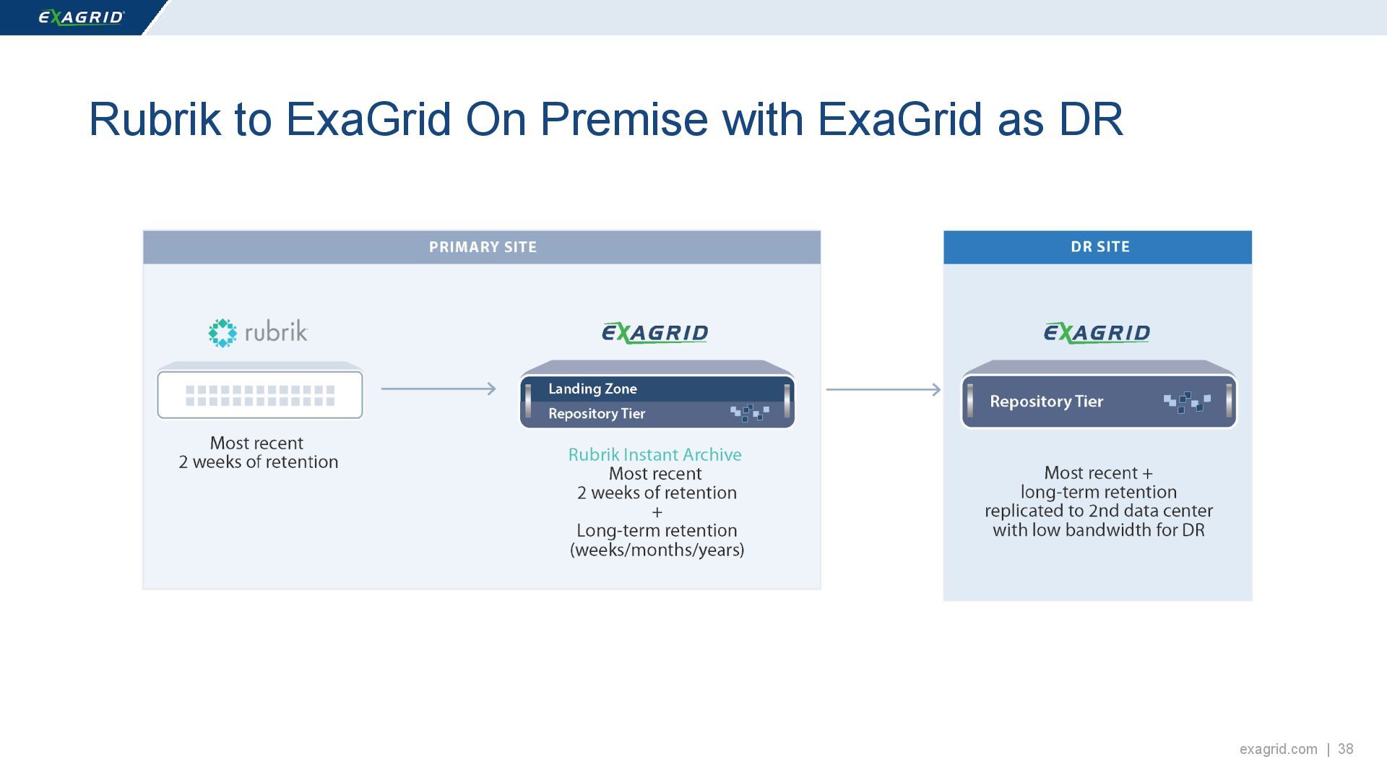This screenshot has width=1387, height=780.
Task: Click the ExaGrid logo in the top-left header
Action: coord(81,17)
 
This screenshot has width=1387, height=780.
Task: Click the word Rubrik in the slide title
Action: coord(154,119)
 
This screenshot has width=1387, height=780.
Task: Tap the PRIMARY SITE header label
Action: coord(483,247)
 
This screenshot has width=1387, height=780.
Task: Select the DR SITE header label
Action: coord(1099,247)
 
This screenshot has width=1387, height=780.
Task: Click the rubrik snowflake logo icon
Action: coord(222,333)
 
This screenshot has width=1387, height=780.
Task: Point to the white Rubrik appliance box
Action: coord(260,394)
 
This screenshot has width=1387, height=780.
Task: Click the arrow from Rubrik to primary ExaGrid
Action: coord(438,389)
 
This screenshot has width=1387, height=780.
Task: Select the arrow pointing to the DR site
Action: coord(883,390)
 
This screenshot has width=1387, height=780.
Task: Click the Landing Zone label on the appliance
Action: coord(592,389)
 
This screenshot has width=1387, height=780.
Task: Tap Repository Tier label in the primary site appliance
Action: coord(597,414)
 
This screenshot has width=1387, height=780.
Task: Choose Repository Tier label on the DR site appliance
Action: coord(1046,402)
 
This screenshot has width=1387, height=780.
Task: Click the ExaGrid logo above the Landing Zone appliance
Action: coord(654,333)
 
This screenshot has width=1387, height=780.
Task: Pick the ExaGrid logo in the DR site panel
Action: coord(1097,333)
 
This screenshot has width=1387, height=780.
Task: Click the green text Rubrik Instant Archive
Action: coord(654,455)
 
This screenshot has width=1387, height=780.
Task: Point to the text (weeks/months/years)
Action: coord(657,550)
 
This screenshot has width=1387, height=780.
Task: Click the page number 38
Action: coord(1345,749)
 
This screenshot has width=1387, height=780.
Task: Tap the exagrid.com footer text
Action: coord(1278,749)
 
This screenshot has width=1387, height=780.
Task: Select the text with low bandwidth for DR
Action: coord(1098,531)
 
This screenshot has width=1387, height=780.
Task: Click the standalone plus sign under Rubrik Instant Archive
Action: coord(657,512)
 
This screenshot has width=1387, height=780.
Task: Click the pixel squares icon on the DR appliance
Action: coord(1187,402)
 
